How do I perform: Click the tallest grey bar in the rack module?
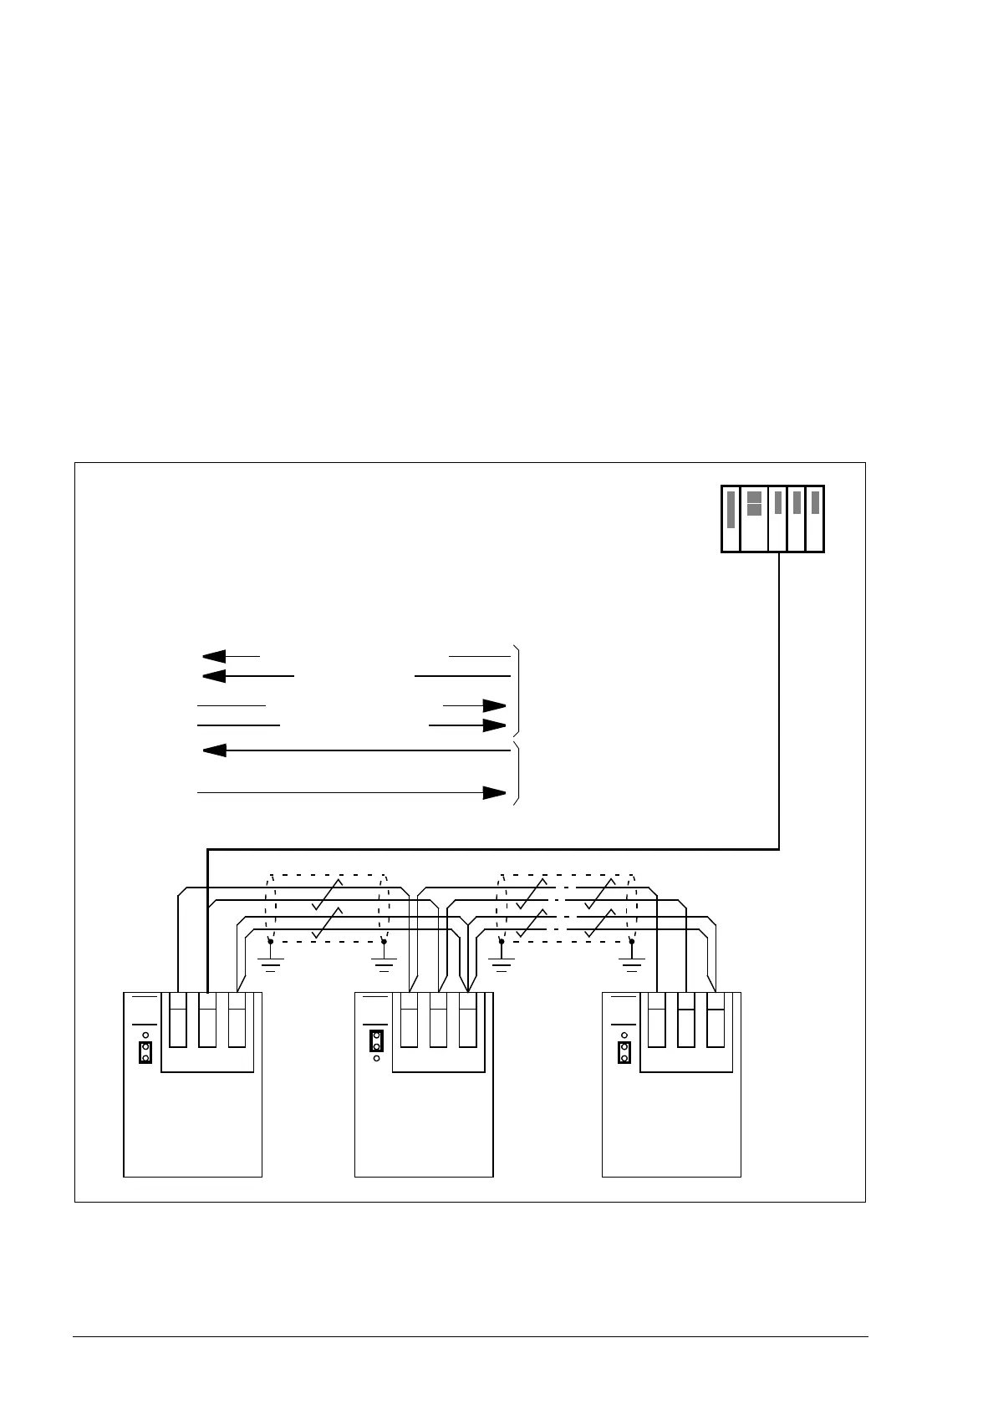(731, 510)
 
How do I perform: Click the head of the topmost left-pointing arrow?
(214, 656)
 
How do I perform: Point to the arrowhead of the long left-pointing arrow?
(215, 750)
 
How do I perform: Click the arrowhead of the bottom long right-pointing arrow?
(495, 792)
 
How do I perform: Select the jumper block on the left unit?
(145, 1052)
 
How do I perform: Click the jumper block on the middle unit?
(377, 1041)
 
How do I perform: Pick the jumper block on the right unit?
(624, 1052)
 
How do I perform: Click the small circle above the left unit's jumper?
(145, 1035)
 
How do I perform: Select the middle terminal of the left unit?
(207, 1020)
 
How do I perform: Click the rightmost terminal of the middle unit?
(467, 1020)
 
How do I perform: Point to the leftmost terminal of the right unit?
(656, 1020)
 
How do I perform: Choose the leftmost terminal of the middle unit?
(409, 1020)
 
